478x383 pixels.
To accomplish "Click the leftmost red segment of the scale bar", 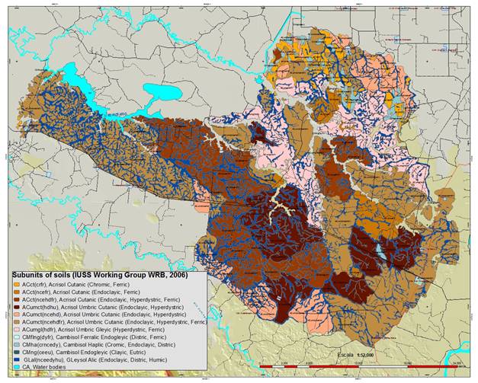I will pyautogui.click(x=271, y=369).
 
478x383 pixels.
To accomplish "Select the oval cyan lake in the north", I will pyautogui.click(x=165, y=96).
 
